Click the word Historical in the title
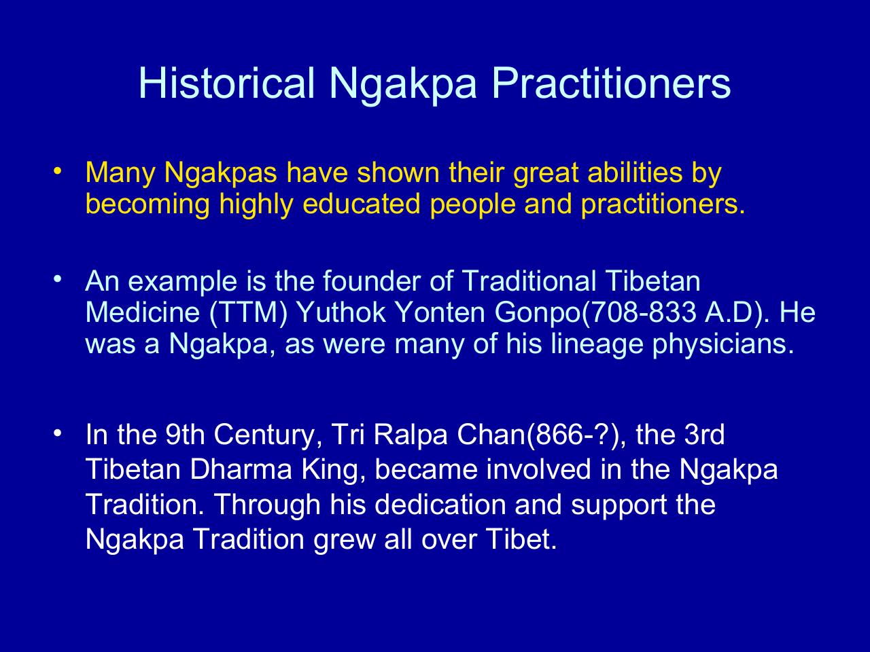pos(227,83)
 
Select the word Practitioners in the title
pos(611,83)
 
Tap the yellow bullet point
pos(58,171)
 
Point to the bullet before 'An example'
pos(58,278)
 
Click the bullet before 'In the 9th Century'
pos(58,433)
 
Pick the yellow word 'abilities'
pos(635,173)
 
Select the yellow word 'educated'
pos(361,204)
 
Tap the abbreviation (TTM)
pos(248,312)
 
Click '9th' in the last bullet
pos(185,435)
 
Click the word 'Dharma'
pos(241,469)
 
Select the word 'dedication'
pos(440,505)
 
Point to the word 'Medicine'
pos(143,312)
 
